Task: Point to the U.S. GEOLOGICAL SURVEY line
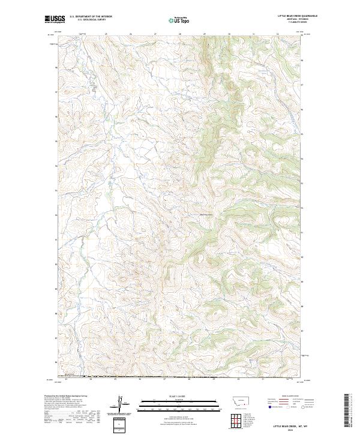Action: click(x=89, y=20)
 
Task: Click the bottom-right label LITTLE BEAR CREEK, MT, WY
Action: click(x=290, y=426)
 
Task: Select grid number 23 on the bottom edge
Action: click(x=66, y=379)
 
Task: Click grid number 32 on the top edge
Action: click(x=277, y=35)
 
